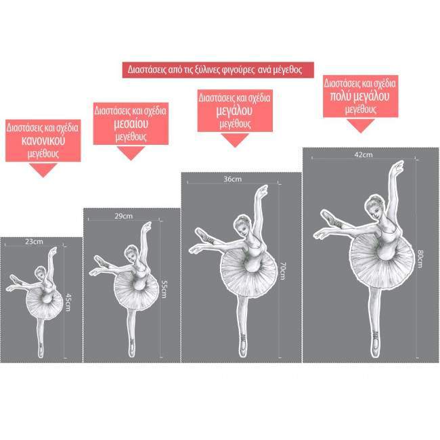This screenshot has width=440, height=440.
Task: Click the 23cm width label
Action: coord(34,242)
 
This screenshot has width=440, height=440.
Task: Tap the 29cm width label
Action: coord(123,216)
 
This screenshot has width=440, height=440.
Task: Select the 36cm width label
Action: coord(232,179)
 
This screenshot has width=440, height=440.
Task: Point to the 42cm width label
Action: coord(363,155)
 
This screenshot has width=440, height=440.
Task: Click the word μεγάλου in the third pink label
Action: coord(234,110)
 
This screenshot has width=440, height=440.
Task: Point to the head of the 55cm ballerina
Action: coord(132,252)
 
